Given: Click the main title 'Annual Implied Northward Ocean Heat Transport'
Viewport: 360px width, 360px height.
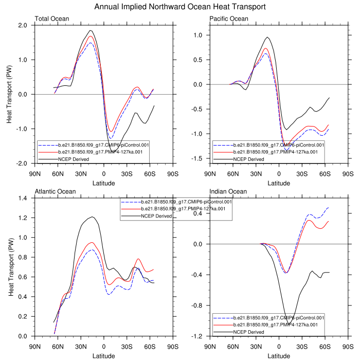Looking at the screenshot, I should click(x=180, y=7).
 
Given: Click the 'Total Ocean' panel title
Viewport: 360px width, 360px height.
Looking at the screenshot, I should click(x=51, y=19).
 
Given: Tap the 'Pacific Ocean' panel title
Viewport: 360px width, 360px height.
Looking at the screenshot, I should click(x=229, y=19).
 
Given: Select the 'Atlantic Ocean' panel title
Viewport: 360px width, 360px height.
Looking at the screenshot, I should click(x=55, y=192).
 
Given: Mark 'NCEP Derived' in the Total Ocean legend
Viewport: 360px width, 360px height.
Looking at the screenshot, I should click(x=74, y=159).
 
